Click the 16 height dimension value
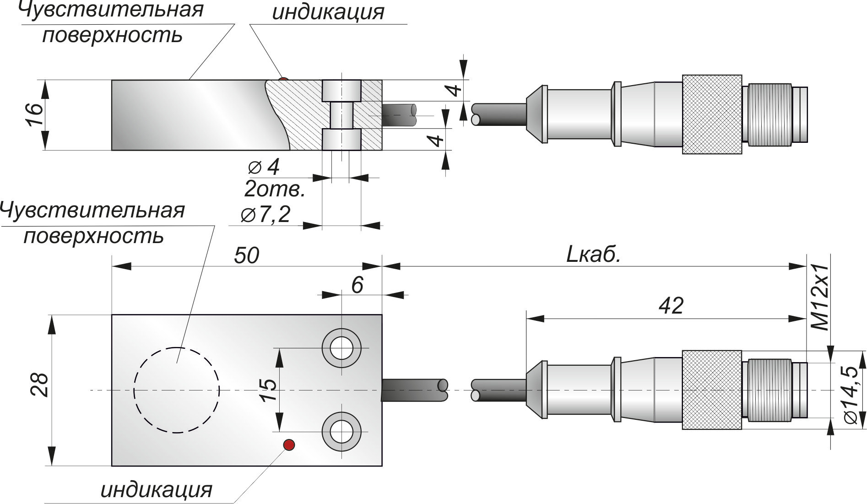click(35, 114)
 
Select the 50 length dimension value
click(246, 255)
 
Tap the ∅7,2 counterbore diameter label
click(266, 214)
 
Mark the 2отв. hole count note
click(275, 189)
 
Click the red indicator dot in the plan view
click(289, 444)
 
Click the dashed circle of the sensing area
click(177, 390)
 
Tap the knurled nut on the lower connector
click(711, 390)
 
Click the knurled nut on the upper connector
click(711, 114)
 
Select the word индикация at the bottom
click(157, 490)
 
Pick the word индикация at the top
click(328, 12)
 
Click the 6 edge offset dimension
click(357, 285)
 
